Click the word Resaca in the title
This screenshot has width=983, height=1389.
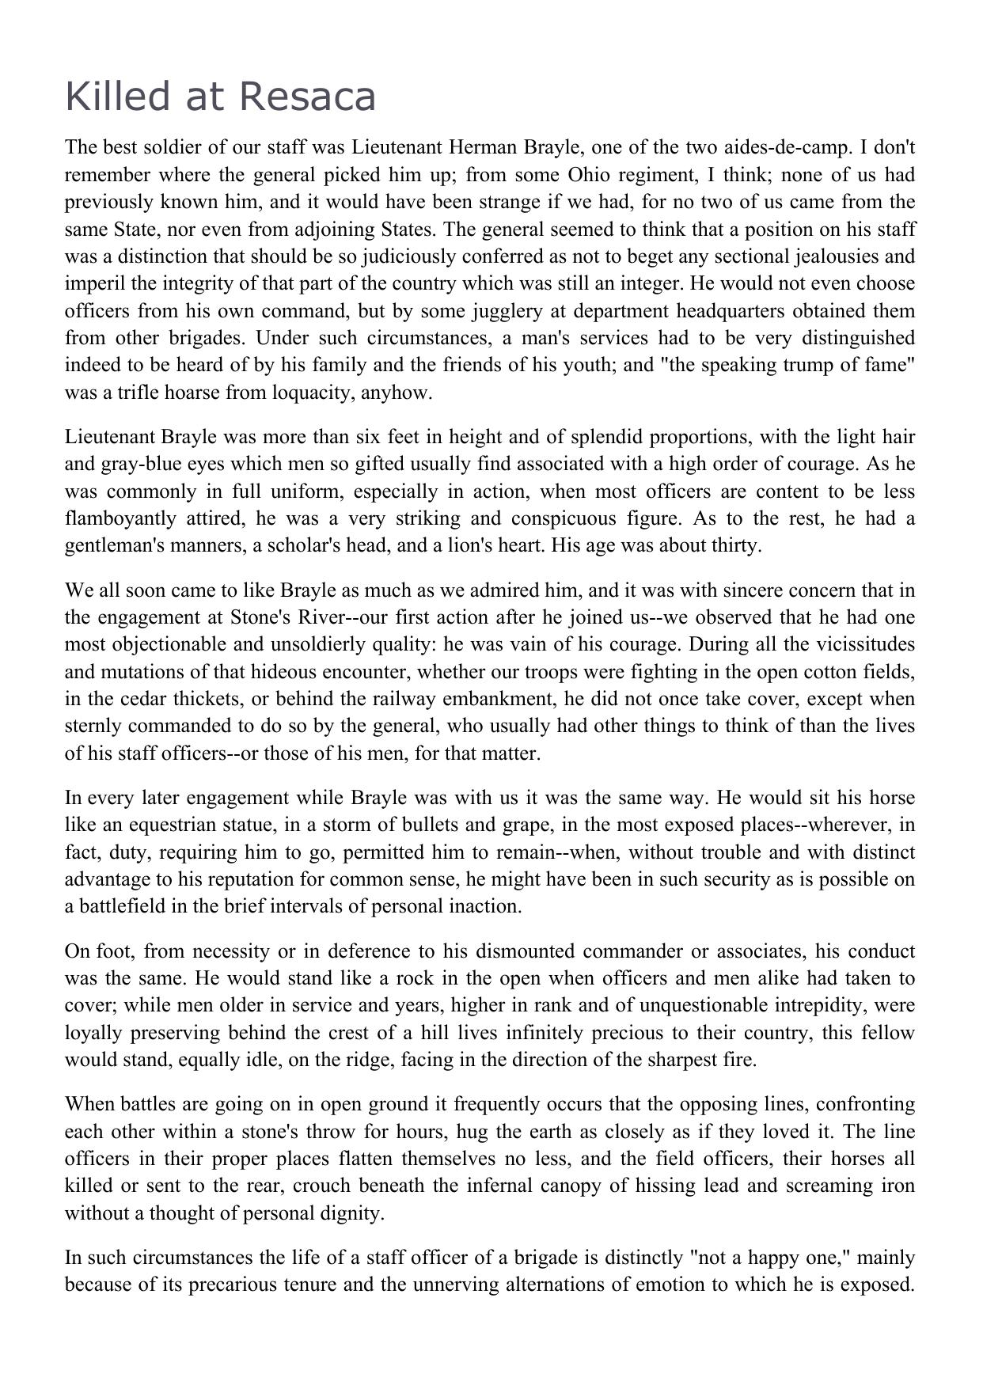coord(306,97)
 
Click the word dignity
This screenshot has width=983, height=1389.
coord(350,1213)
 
